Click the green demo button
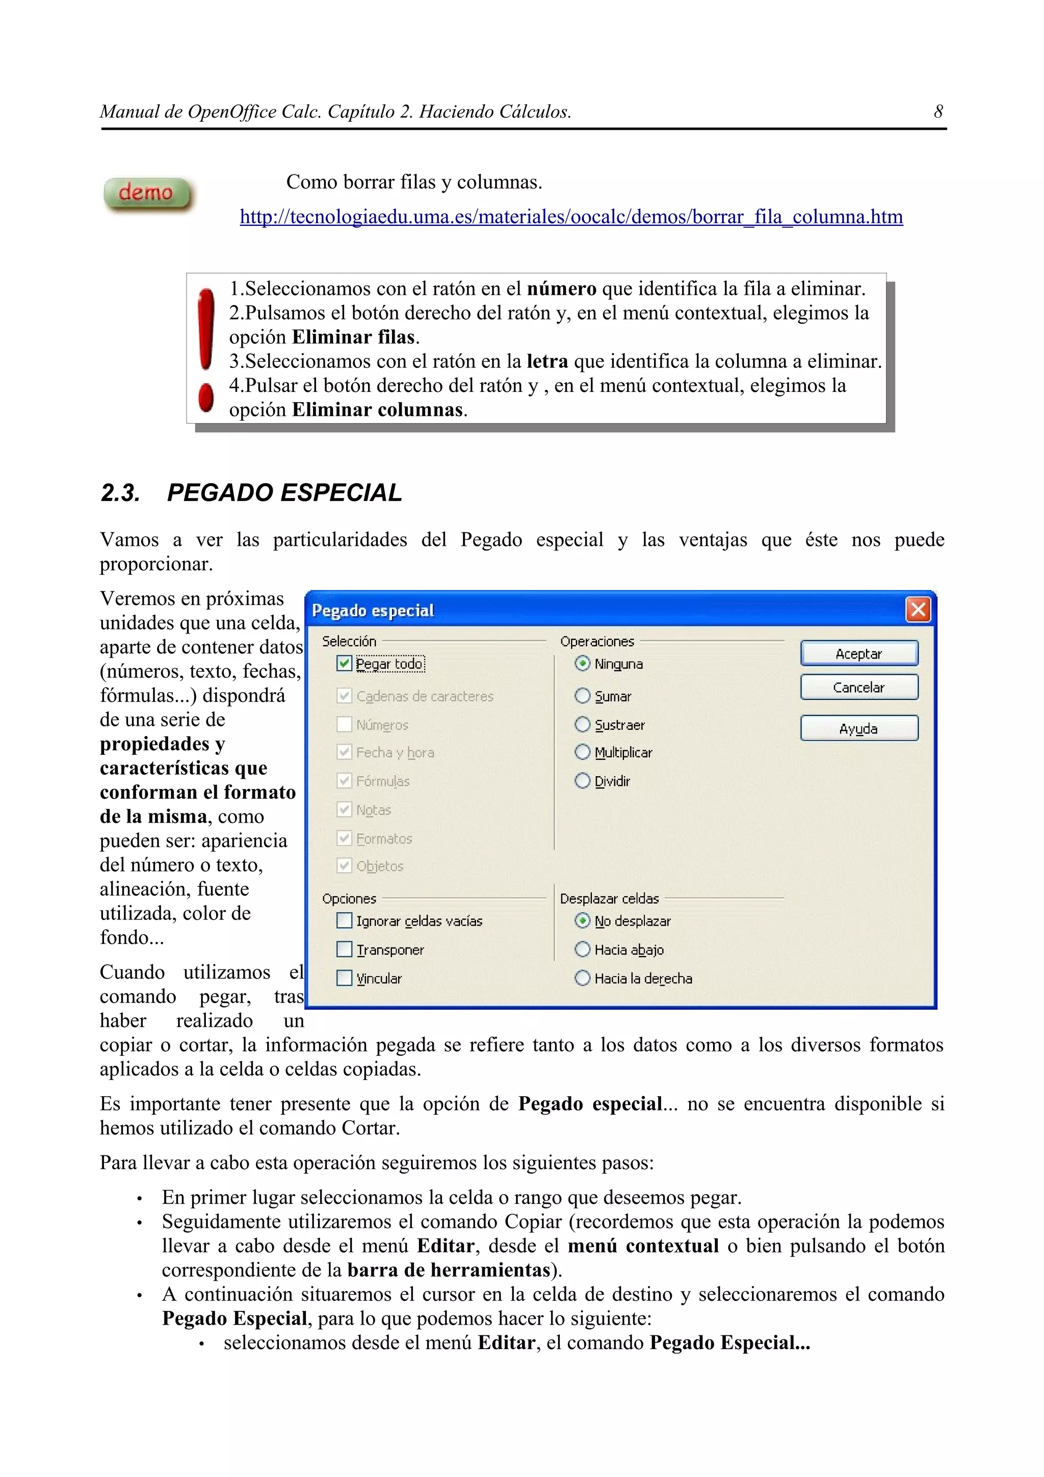coord(147,193)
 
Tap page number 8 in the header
coord(938,112)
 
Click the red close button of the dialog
coord(917,609)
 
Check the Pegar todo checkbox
coord(345,663)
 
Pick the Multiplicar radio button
coord(582,752)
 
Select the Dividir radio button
coord(582,781)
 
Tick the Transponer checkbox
coord(345,950)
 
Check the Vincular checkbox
coord(345,979)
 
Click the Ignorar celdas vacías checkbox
coord(345,920)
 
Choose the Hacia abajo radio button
coord(582,950)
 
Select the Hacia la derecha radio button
coord(582,979)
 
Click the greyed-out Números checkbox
coord(345,725)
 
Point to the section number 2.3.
coord(120,493)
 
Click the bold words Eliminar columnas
coord(377,410)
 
